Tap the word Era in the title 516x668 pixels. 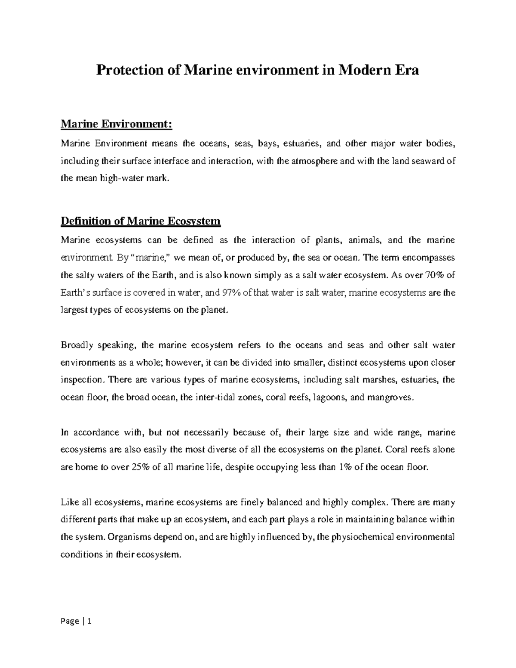[404, 70]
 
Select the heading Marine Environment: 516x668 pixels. [117, 124]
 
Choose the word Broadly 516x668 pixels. [77, 345]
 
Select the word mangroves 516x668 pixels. [390, 398]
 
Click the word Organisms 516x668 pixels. [128, 537]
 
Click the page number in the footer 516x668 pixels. [89, 621]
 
